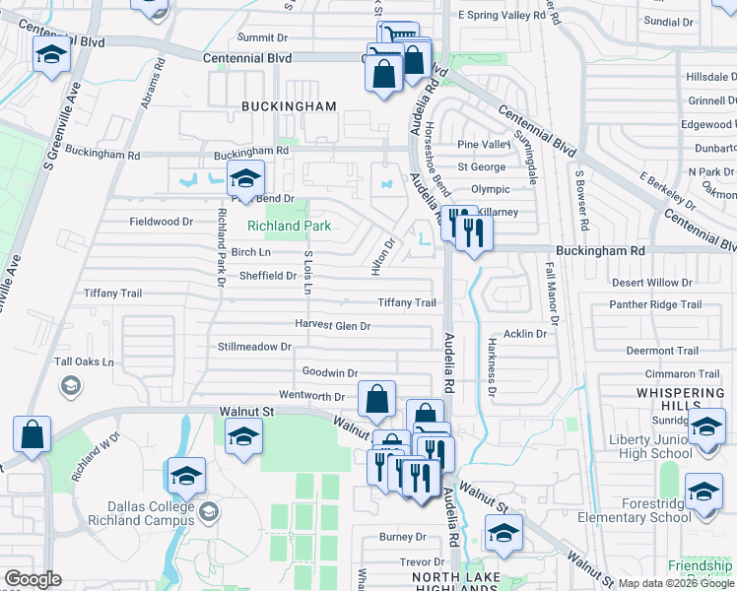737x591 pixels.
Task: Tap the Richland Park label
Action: [288, 226]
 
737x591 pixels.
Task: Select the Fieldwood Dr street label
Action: [162, 222]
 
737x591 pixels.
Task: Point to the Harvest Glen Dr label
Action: [332, 326]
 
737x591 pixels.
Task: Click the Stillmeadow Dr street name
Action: [255, 347]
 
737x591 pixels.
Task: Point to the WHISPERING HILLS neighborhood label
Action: [680, 401]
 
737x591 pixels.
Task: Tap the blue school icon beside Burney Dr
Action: [503, 533]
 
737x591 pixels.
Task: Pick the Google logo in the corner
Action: [33, 579]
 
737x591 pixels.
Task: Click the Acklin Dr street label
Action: [524, 334]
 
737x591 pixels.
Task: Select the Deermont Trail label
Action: [662, 351]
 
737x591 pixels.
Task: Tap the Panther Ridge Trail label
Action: [656, 305]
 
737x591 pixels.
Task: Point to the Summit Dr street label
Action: [262, 37]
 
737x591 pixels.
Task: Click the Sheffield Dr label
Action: [268, 276]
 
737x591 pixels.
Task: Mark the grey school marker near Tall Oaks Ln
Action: [69, 385]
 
